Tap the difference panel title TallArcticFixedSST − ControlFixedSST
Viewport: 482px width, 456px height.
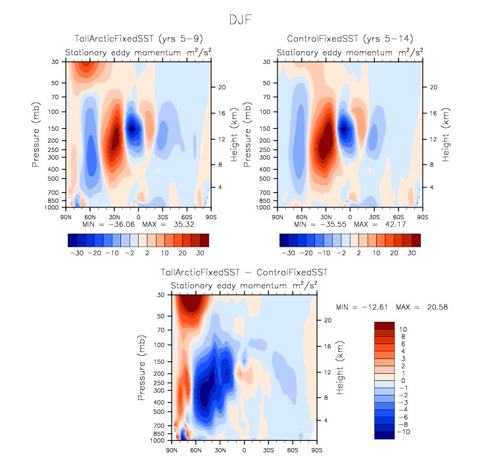[243, 272]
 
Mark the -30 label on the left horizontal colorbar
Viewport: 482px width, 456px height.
[76, 252]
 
